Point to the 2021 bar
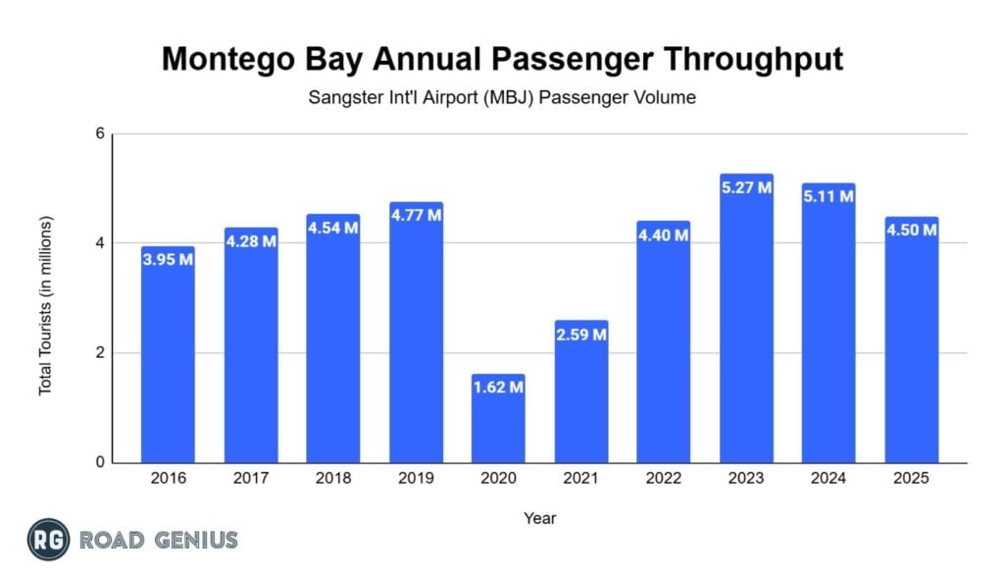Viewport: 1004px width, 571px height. pyautogui.click(x=580, y=391)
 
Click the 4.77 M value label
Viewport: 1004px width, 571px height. pyautogui.click(x=416, y=215)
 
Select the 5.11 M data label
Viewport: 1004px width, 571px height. pyautogui.click(x=828, y=196)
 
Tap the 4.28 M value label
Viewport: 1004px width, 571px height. pyautogui.click(x=250, y=241)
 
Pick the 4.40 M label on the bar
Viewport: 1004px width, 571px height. pyautogui.click(x=663, y=234)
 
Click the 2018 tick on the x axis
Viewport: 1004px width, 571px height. pyautogui.click(x=332, y=479)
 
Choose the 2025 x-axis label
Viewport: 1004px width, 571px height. pyautogui.click(x=911, y=479)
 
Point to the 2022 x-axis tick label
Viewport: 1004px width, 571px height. pyautogui.click(x=663, y=479)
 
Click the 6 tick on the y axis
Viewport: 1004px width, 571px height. pyautogui.click(x=100, y=134)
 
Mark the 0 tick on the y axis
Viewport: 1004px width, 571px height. pyautogui.click(x=100, y=463)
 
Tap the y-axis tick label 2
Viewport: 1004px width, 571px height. pyautogui.click(x=100, y=353)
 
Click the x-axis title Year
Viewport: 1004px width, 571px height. pyautogui.click(x=539, y=517)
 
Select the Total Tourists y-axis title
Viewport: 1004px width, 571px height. pyautogui.click(x=45, y=305)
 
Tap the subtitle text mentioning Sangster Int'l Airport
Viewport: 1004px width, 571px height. pyautogui.click(x=502, y=98)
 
